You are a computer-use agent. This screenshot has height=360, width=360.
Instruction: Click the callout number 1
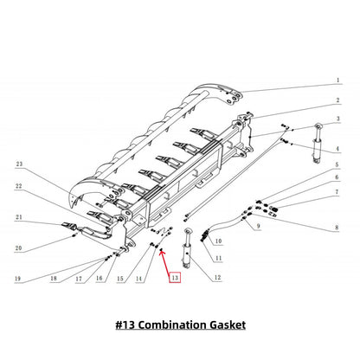point(337,80)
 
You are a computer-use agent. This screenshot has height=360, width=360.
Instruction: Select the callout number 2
point(337,100)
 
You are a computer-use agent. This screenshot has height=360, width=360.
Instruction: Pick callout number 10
point(218,241)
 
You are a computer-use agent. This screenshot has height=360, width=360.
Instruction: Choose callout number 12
point(218,277)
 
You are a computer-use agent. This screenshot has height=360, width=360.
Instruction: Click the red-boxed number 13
point(176,278)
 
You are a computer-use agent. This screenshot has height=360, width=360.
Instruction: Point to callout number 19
point(17,278)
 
